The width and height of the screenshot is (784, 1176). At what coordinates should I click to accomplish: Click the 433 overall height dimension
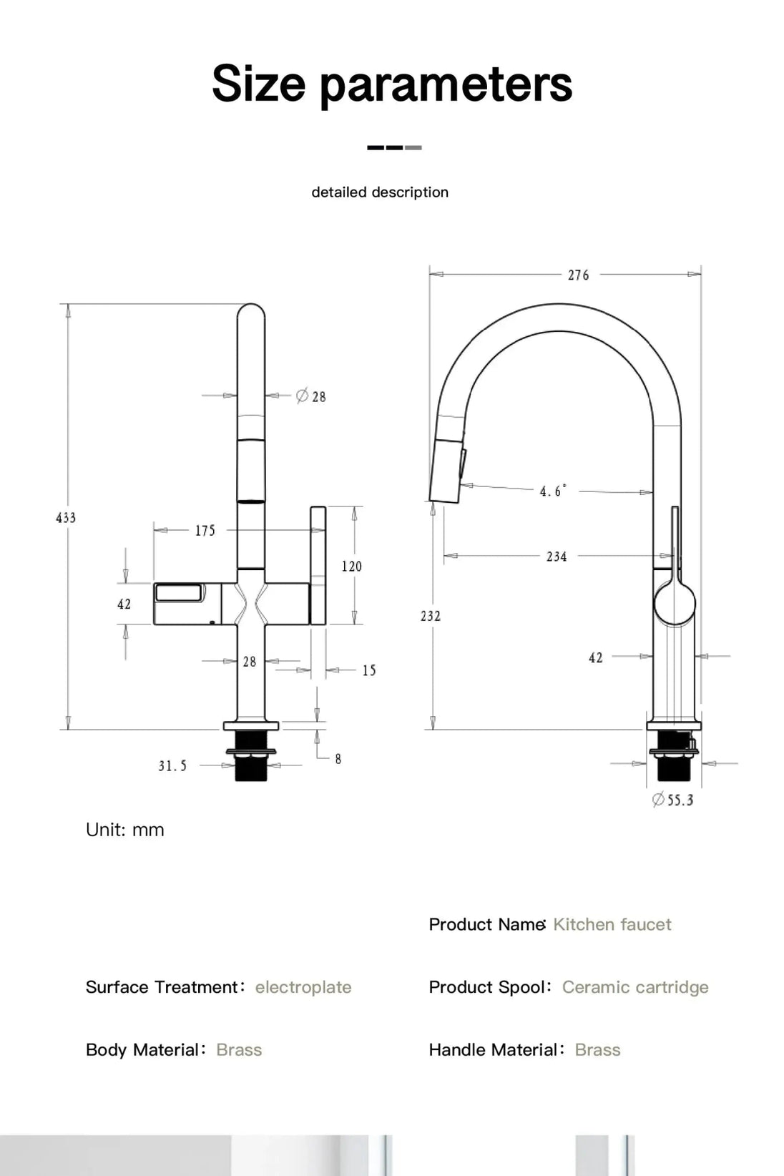pos(66,518)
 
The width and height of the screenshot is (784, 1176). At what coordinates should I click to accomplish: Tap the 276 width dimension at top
pos(578,275)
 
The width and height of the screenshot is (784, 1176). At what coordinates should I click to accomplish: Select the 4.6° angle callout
pos(552,491)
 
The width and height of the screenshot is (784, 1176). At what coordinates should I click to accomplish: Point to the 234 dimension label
pos(557,557)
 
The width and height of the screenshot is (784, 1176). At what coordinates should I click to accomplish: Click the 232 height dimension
pos(431,616)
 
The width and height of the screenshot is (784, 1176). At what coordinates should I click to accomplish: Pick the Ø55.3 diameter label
pos(673,800)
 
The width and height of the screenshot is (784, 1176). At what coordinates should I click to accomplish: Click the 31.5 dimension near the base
pos(172,766)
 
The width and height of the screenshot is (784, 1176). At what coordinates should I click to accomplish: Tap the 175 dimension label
pos(205,531)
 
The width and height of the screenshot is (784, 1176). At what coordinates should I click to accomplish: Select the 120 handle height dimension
pos(351,567)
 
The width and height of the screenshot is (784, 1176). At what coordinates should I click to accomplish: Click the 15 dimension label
pos(369,671)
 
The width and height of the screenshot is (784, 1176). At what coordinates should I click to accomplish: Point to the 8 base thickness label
pos(338,759)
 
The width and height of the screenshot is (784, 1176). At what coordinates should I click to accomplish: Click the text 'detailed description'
pos(380,192)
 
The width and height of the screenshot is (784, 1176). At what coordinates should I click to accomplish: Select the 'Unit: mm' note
pos(125,830)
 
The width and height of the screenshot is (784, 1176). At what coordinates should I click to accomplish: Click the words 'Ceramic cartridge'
pos(635,987)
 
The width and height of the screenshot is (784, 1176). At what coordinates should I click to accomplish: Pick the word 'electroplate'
pos(303,987)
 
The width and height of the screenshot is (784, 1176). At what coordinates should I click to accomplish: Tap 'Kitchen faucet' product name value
pos(612,924)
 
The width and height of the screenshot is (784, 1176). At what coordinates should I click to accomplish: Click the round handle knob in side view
pos(675,602)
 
